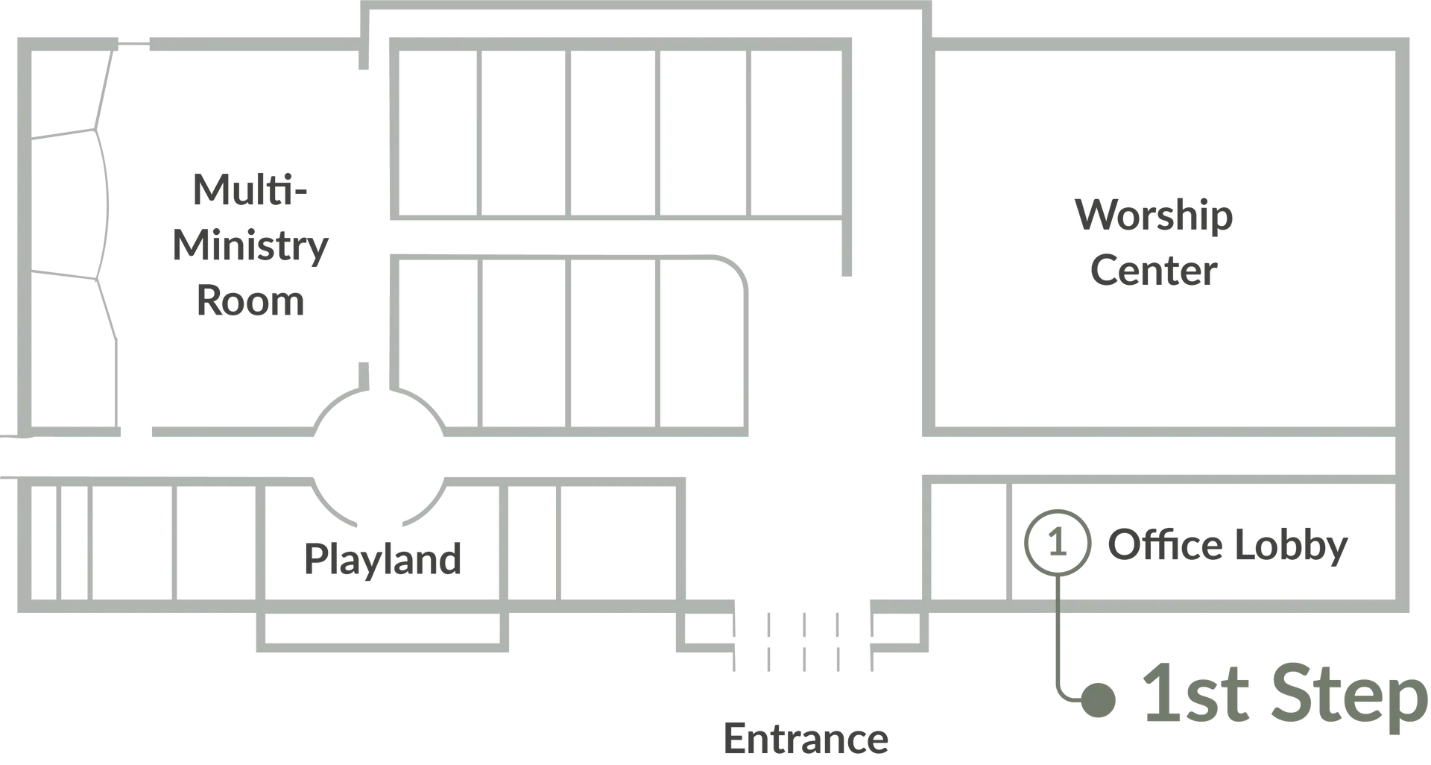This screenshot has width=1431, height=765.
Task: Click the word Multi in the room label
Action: tap(250, 188)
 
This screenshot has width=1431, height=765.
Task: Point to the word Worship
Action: tap(1152, 215)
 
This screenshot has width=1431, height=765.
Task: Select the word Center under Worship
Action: tap(1152, 268)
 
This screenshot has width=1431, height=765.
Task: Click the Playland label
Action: tap(385, 558)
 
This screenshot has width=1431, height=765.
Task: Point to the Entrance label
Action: tap(806, 738)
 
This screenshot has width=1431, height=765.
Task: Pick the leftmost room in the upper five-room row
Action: tap(438, 131)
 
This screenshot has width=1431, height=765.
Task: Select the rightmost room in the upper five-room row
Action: tap(796, 131)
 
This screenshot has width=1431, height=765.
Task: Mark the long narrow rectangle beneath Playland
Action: tap(381, 630)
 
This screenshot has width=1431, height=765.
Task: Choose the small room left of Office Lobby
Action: tap(969, 542)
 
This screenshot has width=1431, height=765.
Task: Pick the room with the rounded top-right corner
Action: tap(705, 343)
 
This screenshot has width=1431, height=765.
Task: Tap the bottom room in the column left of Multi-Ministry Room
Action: tap(69, 350)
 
